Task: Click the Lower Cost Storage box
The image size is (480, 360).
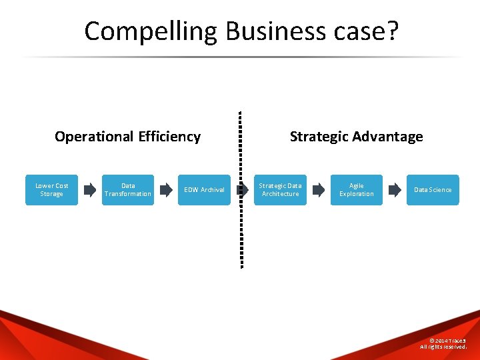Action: pos(51,190)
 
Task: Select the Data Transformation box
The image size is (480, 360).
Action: pos(127,190)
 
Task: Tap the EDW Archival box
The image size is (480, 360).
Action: pos(204,190)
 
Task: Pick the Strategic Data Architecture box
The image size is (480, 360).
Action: pos(280,190)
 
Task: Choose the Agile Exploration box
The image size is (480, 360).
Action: pos(357,190)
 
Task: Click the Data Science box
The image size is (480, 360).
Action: pos(433,190)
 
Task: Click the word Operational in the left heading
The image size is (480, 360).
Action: pos(94,137)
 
